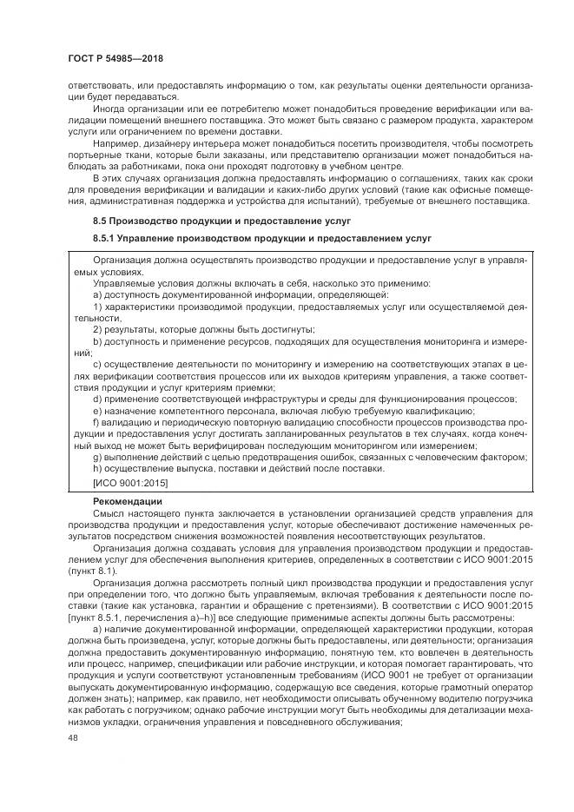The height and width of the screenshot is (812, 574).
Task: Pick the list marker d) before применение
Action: [97, 399]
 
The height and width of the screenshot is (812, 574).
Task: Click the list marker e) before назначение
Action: [97, 410]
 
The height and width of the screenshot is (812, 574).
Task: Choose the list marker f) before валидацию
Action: [96, 421]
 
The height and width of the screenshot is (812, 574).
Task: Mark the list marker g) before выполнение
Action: [97, 456]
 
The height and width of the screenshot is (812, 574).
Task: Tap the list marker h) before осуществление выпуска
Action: [97, 467]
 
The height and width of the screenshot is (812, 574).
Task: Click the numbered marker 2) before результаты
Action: [98, 329]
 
